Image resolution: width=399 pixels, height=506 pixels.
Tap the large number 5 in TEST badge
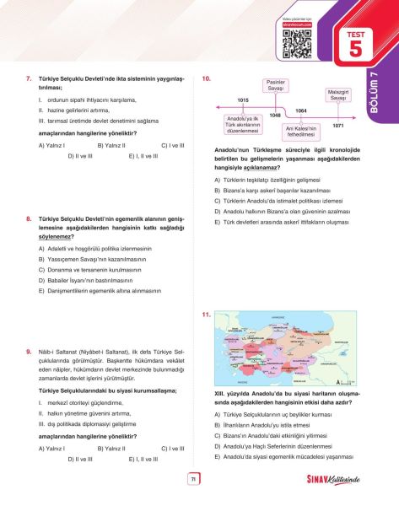pos(354,49)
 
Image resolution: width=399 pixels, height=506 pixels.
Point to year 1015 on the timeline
pos(243,100)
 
